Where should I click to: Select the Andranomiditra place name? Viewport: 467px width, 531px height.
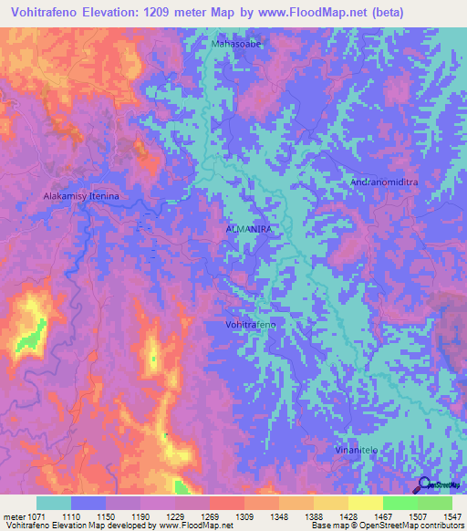pyautogui.click(x=384, y=182)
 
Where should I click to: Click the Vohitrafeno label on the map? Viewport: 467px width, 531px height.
pyautogui.click(x=250, y=325)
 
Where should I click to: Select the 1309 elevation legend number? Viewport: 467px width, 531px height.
pyautogui.click(x=244, y=516)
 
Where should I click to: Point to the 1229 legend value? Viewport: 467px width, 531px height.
pyautogui.click(x=175, y=516)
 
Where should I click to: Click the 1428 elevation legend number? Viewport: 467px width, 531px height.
pyautogui.click(x=348, y=516)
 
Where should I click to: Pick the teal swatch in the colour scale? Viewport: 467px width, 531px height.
pyautogui.click(x=54, y=503)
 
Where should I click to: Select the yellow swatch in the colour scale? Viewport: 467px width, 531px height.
pyautogui.click(x=365, y=503)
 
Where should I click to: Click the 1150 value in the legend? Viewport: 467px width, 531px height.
pyautogui.click(x=106, y=516)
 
